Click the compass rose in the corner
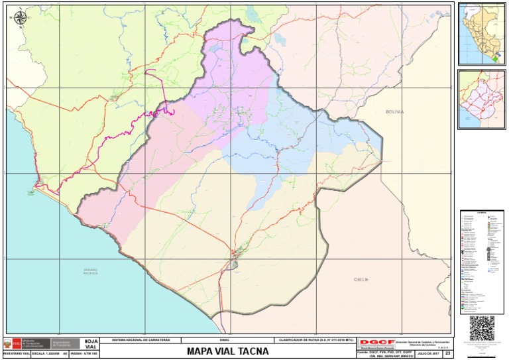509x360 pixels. (20, 18)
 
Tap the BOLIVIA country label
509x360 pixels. (394, 112)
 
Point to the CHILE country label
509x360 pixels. (361, 280)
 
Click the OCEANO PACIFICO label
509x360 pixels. (91, 271)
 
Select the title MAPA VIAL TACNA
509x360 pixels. (227, 351)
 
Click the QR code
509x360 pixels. (482, 328)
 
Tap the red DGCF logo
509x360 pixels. (372, 342)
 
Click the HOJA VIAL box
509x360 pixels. (91, 344)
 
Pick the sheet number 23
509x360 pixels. (447, 354)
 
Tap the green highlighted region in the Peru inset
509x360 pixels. (494, 59)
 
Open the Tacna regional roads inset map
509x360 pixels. (482, 99)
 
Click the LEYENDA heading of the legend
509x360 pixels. (482, 213)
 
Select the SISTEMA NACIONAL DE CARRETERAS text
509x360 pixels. (142, 339)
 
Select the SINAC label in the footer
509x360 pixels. (224, 339)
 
